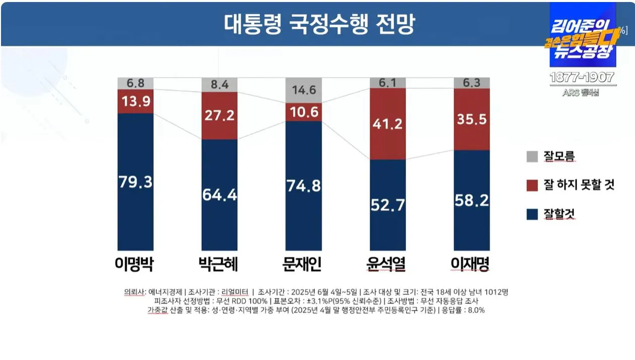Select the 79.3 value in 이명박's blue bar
[x=135, y=182]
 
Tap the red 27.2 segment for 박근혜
[x=219, y=115]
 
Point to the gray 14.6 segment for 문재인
[x=303, y=91]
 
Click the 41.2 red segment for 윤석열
[x=387, y=124]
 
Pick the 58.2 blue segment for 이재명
[x=472, y=201]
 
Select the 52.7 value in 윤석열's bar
[x=387, y=206]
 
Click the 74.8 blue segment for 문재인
[x=303, y=186]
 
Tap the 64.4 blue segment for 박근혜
[x=219, y=194]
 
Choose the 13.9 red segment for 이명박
[x=135, y=101]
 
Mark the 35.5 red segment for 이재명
[x=472, y=119]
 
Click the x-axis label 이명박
[x=135, y=264]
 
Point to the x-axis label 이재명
[x=472, y=264]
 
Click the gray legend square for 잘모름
[x=532, y=156]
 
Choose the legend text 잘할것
[x=559, y=214]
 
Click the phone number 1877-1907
[x=582, y=78]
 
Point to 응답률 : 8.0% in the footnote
[x=461, y=310]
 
